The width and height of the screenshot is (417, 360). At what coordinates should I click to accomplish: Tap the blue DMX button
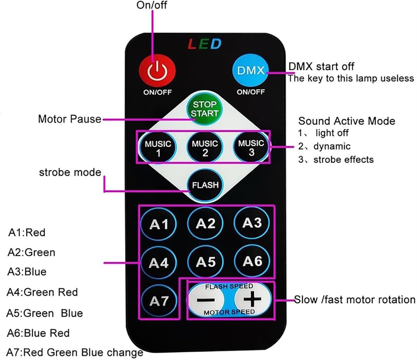251,71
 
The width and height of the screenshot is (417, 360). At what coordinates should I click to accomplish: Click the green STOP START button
205,109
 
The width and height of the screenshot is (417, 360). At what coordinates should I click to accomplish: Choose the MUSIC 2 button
205,147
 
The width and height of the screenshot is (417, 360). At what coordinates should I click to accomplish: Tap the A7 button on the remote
159,301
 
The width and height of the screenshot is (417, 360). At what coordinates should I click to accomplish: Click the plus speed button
252,299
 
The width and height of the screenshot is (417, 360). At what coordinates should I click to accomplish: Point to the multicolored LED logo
205,44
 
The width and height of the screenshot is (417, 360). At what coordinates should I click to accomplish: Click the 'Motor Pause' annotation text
70,119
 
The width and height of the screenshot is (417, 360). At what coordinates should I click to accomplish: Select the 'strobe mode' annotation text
70,172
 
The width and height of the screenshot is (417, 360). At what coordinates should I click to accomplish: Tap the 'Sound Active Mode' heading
347,121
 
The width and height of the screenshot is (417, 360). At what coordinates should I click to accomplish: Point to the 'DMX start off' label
321,66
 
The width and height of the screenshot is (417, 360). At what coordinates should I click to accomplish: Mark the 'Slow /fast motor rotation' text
354,299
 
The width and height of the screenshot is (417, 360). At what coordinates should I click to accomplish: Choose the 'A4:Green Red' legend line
42,292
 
